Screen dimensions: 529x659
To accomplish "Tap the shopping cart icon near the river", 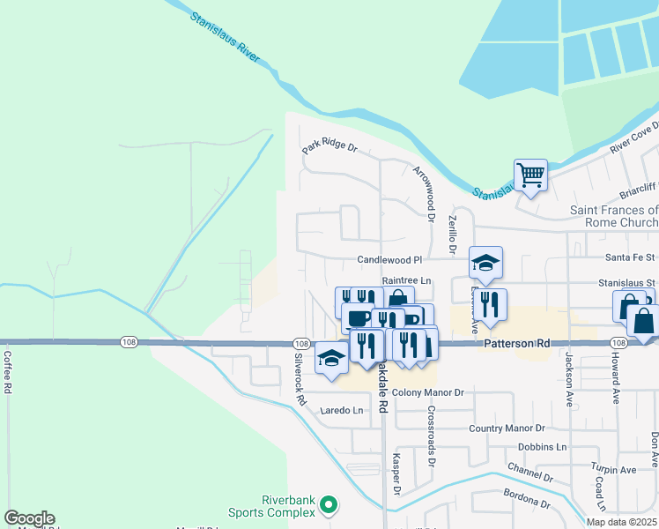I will tap(530, 175).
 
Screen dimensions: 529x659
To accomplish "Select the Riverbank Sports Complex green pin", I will tap(329, 505).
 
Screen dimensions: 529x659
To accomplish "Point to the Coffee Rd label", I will tap(7, 372).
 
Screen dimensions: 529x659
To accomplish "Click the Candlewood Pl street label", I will tap(390, 260).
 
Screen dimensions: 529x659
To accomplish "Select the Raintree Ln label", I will tap(405, 279).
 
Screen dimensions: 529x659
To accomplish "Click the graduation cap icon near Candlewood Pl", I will tap(485, 262).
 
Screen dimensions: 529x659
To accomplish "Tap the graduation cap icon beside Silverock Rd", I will tap(331, 357).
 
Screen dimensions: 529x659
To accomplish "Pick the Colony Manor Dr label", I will tap(427, 391).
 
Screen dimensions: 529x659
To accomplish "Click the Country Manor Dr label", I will tap(507, 428).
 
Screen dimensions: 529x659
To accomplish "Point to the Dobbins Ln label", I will tap(542, 447).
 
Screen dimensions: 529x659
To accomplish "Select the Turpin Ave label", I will tap(613, 470).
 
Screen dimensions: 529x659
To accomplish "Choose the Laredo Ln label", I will tap(342, 410).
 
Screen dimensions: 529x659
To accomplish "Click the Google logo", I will tap(29, 518).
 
